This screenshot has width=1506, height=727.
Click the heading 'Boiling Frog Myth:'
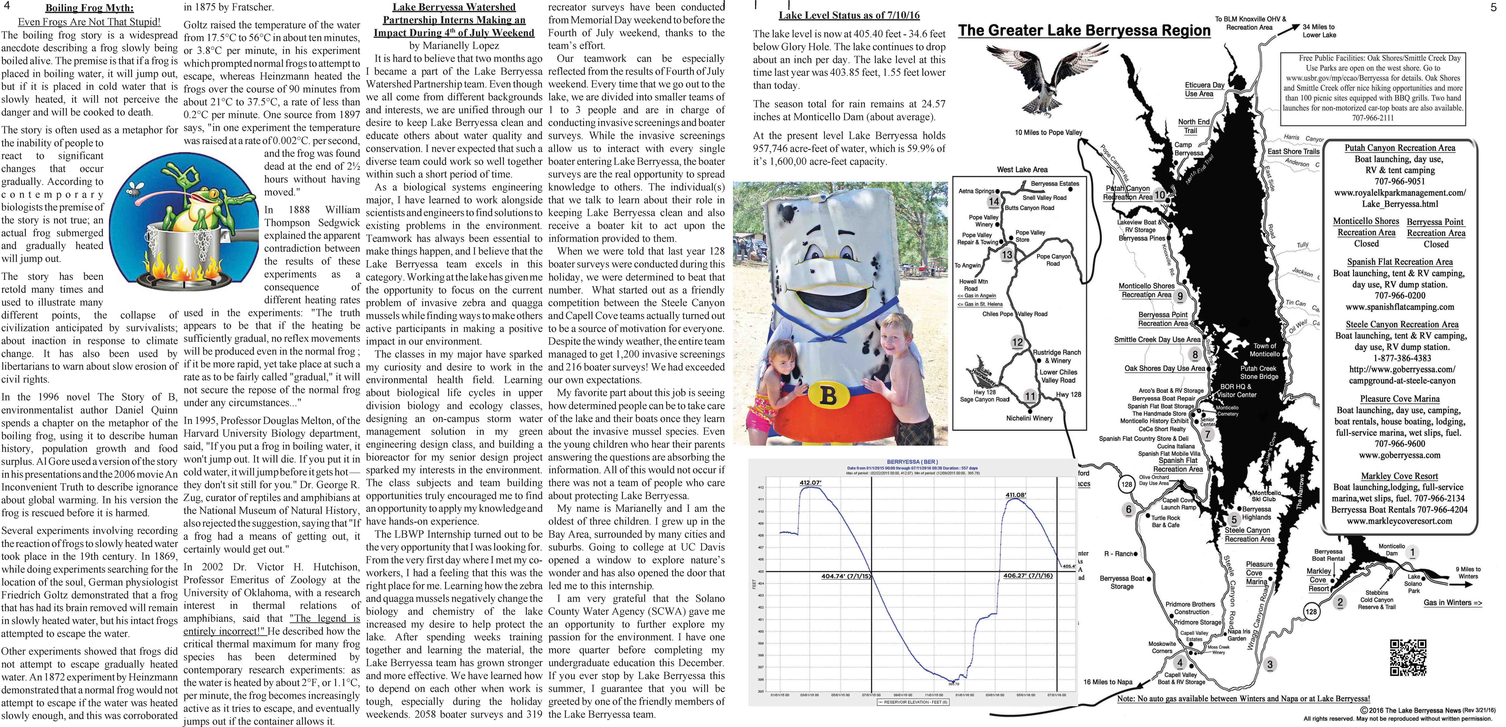pyautogui.click(x=89, y=8)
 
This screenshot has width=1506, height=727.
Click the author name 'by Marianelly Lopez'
pyautogui.click(x=454, y=46)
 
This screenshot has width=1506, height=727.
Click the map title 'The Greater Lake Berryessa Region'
pyautogui.click(x=1084, y=31)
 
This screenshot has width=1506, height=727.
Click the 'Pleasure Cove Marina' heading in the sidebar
pyautogui.click(x=1400, y=399)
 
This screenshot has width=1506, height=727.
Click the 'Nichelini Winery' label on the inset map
pyautogui.click(x=1029, y=418)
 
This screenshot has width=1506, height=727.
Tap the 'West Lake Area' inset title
pyautogui.click(x=1022, y=169)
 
